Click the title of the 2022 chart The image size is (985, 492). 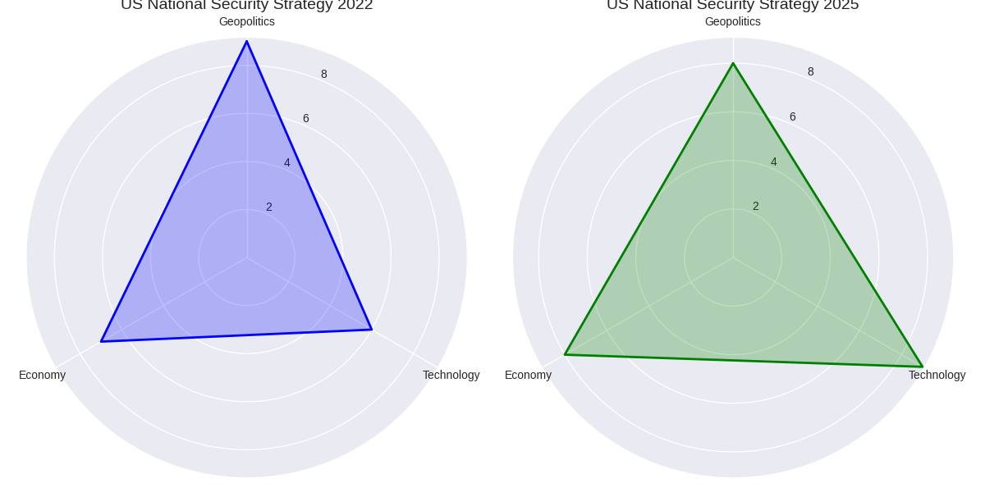[246, 6]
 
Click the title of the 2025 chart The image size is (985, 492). [732, 6]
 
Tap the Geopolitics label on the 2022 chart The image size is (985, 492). [246, 22]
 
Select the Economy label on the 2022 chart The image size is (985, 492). [42, 376]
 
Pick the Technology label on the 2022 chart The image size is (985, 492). [451, 376]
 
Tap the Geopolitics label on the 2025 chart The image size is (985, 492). [732, 22]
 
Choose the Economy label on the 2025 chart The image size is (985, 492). [528, 376]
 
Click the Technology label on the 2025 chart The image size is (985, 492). [937, 376]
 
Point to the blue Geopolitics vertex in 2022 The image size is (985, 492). [246, 41]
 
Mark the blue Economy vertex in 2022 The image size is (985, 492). [101, 341]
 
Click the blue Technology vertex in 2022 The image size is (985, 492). [372, 330]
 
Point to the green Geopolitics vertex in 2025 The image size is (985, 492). [733, 63]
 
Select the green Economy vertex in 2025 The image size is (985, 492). [565, 354]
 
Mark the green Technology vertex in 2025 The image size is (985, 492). [923, 367]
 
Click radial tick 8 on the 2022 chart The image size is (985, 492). [324, 75]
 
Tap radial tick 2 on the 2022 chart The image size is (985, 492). [269, 207]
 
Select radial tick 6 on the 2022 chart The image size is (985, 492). [306, 119]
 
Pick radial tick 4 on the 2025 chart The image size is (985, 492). [774, 162]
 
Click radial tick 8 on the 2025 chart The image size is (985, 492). [811, 72]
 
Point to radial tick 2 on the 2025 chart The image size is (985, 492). [756, 207]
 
